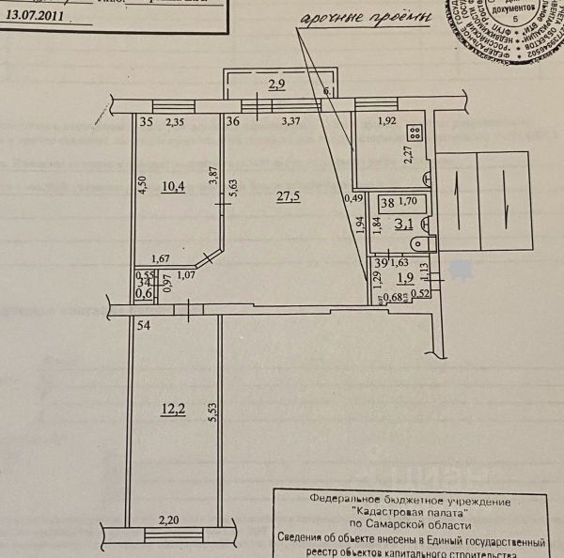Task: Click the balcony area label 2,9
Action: point(276,85)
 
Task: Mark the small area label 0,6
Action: point(145,293)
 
